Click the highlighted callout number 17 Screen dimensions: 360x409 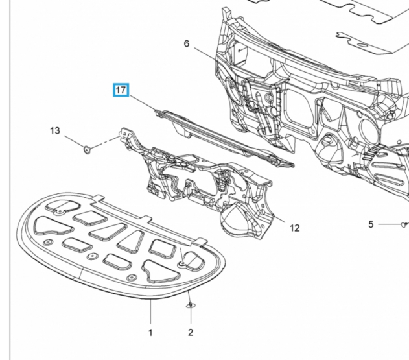[x=121, y=90]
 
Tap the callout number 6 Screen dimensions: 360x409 [x=186, y=43]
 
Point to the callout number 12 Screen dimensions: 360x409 [x=294, y=228]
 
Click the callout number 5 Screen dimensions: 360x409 [x=371, y=224]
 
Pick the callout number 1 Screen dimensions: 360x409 [x=150, y=332]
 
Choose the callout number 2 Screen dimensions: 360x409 [x=191, y=332]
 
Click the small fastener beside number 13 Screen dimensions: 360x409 [x=86, y=150]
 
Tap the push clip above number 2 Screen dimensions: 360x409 [x=190, y=304]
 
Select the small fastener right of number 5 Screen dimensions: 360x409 [x=403, y=224]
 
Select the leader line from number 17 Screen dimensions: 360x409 [x=145, y=103]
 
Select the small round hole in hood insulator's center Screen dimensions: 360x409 [x=91, y=256]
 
